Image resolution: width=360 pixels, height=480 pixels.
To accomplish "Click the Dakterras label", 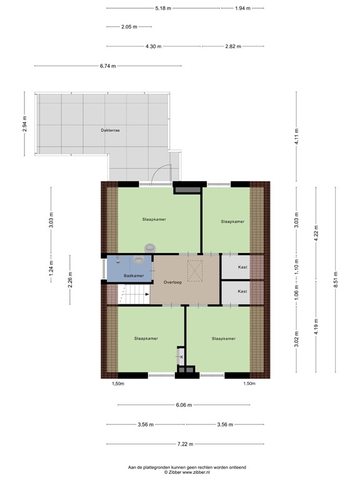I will click(x=110, y=131).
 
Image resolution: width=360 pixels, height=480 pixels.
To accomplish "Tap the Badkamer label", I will click(x=134, y=276).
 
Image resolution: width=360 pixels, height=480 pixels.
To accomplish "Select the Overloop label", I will click(x=172, y=282).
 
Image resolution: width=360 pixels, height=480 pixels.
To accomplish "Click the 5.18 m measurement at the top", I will click(x=164, y=8).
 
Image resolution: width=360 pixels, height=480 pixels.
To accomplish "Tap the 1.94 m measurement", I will click(x=242, y=8).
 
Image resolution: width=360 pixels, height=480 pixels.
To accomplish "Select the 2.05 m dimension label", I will click(x=129, y=27).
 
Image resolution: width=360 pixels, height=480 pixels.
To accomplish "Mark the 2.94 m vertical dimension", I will click(x=25, y=125).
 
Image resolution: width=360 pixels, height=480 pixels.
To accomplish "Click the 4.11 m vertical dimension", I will click(x=297, y=140).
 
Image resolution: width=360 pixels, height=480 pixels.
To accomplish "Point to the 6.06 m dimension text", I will click(x=184, y=405).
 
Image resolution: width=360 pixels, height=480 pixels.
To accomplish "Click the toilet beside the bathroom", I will click(x=149, y=248).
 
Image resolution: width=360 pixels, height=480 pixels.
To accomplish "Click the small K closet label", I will click(x=181, y=357).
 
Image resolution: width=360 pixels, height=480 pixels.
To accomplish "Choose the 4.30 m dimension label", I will click(x=153, y=46).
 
